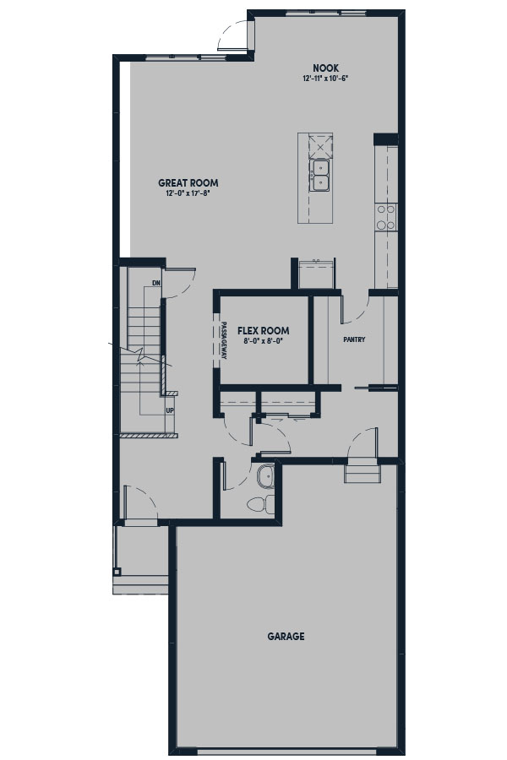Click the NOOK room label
(325, 68)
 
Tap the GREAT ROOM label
(188, 182)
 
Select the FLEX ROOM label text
(264, 330)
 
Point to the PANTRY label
(354, 339)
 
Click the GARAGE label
(286, 636)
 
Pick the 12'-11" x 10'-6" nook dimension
(325, 78)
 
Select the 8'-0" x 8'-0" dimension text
(263, 341)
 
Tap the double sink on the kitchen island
(319, 175)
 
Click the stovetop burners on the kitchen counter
(386, 217)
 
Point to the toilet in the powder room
(260, 505)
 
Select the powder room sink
(266, 476)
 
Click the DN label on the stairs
(156, 283)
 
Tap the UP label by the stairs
(170, 410)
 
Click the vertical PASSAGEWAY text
(224, 340)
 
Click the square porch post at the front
(117, 572)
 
